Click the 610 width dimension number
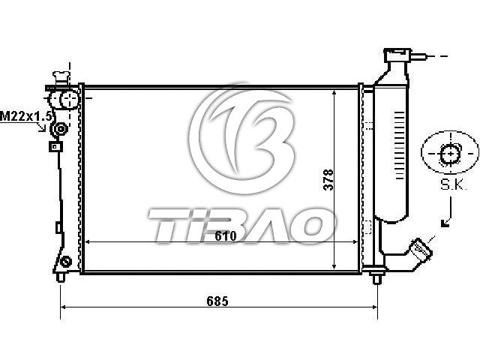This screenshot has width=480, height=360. [x=226, y=235]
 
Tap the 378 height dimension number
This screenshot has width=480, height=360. [x=328, y=180]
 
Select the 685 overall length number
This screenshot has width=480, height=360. [x=217, y=301]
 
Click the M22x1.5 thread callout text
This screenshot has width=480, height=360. [x=25, y=117]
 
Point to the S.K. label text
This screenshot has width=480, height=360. [x=453, y=184]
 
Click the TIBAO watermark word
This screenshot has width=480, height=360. [x=241, y=225]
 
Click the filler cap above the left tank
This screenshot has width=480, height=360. [x=61, y=78]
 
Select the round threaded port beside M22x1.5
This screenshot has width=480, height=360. [x=60, y=129]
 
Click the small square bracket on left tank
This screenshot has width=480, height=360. [x=55, y=147]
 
